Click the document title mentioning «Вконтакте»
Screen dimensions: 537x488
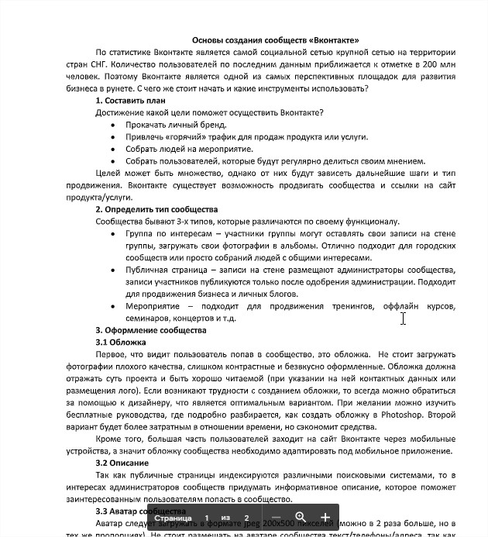click(x=275, y=40)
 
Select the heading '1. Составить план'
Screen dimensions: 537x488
click(x=131, y=101)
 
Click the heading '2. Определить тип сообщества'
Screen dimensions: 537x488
click(x=156, y=209)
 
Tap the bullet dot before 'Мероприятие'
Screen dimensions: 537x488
click(x=114, y=306)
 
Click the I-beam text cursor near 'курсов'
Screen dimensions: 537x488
click(x=404, y=318)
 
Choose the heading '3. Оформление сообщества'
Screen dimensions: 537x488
click(x=151, y=330)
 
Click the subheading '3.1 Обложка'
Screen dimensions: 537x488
click(x=121, y=342)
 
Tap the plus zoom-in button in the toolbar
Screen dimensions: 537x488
click(x=325, y=517)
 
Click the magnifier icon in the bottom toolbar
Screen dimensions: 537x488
click(x=301, y=517)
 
